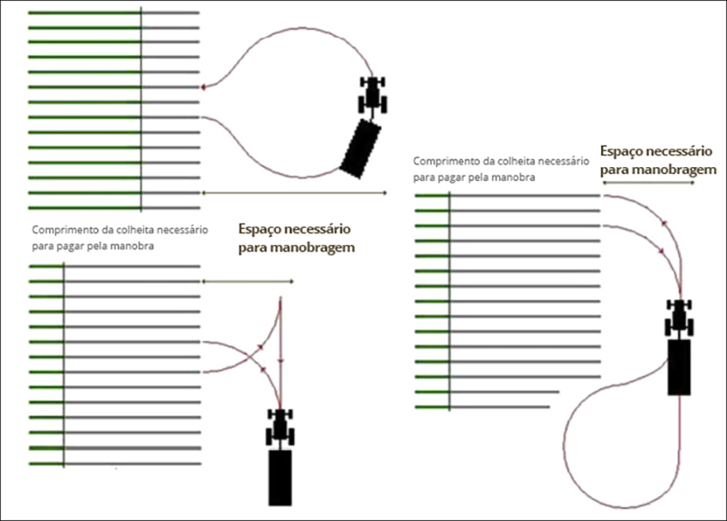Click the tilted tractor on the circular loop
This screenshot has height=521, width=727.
(x=373, y=94)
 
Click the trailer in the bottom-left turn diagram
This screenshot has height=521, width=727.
(x=280, y=476)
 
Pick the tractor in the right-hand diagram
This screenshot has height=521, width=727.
(x=679, y=319)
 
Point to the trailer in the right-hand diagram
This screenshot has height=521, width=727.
(x=679, y=367)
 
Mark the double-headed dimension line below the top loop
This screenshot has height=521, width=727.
(x=294, y=193)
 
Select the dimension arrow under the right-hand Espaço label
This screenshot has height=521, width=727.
(x=657, y=183)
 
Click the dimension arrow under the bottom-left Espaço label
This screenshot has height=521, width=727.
(x=248, y=281)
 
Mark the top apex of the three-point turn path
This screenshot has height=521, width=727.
(x=280, y=300)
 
